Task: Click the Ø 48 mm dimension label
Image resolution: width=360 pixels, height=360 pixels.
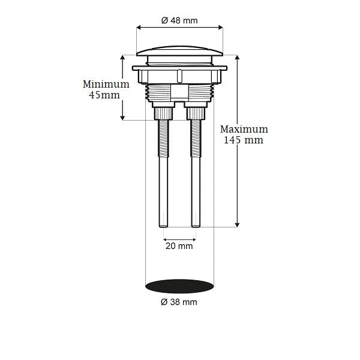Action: (x=179, y=20)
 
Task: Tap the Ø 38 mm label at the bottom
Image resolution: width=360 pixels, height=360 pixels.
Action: (x=179, y=302)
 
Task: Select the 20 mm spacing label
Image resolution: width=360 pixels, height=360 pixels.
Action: (x=179, y=246)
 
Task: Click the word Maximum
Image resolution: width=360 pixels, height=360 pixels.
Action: (x=244, y=129)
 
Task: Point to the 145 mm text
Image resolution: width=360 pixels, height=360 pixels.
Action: (x=244, y=140)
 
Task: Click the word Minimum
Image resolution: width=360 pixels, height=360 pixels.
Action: (x=106, y=84)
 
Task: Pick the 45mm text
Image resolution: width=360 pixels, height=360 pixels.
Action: (x=106, y=95)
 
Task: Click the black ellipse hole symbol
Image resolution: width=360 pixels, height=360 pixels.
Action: (x=179, y=286)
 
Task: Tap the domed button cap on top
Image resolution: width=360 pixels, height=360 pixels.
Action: (x=179, y=49)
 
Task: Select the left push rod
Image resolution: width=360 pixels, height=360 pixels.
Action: (x=163, y=174)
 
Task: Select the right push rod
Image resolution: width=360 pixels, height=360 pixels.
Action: (x=196, y=174)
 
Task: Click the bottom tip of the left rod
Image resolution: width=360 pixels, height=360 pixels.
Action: (x=163, y=226)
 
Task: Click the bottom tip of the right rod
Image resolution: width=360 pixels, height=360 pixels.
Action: (x=196, y=226)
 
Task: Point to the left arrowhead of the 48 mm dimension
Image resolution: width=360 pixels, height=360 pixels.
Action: (x=139, y=27)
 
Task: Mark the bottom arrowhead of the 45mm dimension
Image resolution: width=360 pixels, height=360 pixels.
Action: (x=123, y=118)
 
